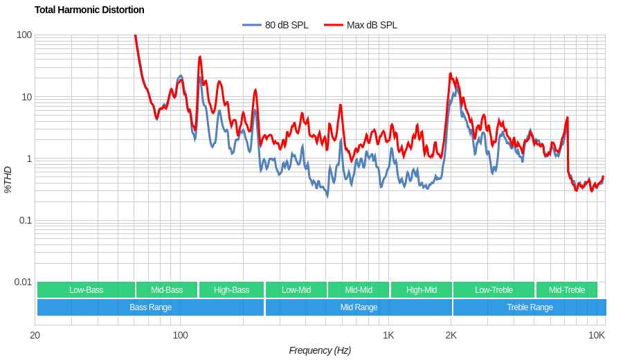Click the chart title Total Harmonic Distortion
[x=89, y=10]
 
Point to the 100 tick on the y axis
[x=24, y=35]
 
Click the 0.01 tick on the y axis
[x=23, y=282]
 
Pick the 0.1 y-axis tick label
[x=24, y=220]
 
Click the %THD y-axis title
[x=8, y=179]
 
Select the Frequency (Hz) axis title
[x=320, y=350]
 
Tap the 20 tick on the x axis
[x=35, y=335]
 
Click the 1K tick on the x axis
[x=388, y=335]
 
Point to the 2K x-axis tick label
[x=451, y=335]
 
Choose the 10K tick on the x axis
[x=597, y=335]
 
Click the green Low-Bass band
[x=86, y=290]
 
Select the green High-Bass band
[x=231, y=290]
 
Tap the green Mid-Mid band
[x=359, y=290]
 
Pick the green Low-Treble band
[x=494, y=290]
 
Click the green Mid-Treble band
[x=566, y=290]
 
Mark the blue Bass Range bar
[x=150, y=307]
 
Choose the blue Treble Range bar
[x=530, y=307]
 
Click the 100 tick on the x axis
[x=180, y=335]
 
